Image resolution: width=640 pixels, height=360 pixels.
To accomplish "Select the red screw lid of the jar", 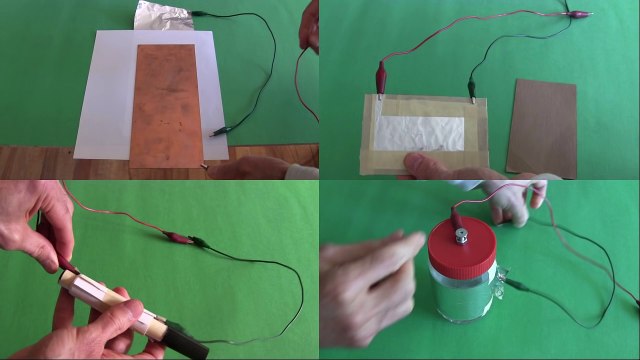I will [464, 244].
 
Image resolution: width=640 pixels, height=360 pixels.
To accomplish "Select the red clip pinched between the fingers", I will [67, 264].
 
